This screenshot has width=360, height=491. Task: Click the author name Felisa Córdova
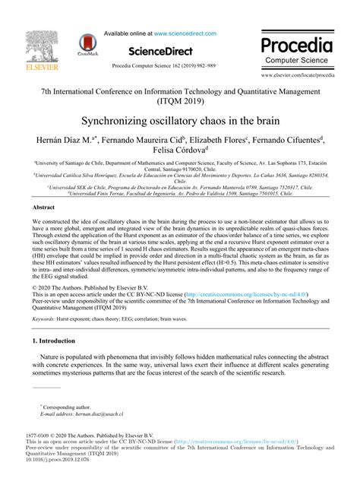(179, 152)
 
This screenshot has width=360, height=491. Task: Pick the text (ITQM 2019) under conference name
(179, 100)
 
